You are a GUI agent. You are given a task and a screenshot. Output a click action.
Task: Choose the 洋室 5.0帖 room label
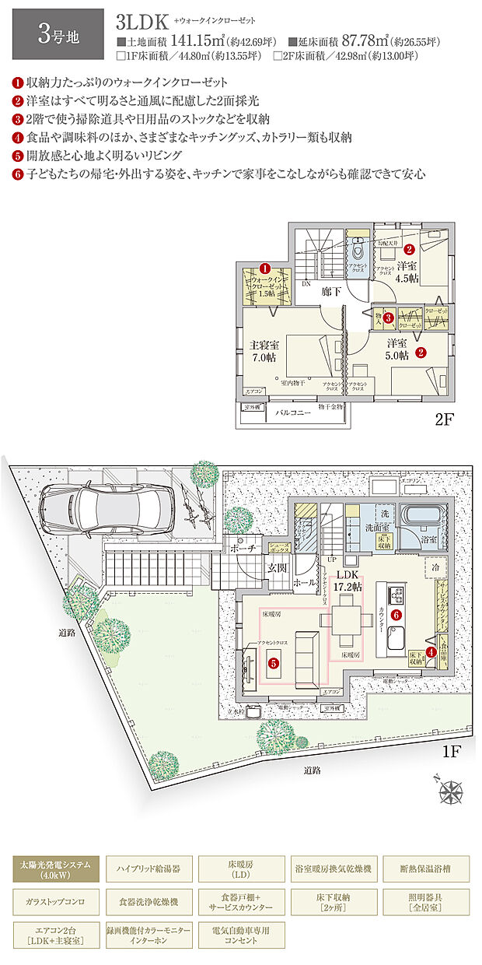(397, 349)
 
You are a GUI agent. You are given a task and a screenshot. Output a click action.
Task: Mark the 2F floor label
(443, 421)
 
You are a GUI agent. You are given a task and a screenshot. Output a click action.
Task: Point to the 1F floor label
(453, 753)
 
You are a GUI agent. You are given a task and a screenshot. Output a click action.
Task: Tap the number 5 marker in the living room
(273, 663)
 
